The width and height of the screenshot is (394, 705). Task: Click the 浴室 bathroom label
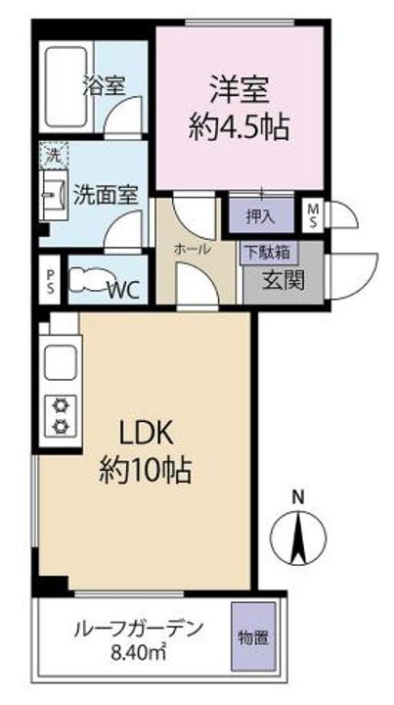104,86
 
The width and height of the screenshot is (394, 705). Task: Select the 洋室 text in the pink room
240,91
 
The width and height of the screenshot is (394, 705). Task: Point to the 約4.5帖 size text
239,126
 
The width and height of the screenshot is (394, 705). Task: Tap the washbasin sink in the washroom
54,195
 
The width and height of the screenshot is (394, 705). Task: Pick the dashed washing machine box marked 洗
54,155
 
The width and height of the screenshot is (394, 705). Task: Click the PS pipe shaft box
50,281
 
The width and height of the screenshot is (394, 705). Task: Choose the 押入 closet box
262,215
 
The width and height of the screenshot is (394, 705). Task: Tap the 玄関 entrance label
284,281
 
